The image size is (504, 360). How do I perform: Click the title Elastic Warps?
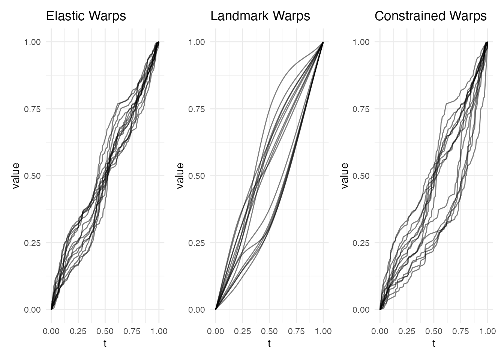tap(86, 16)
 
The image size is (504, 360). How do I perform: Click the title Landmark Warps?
tap(260, 16)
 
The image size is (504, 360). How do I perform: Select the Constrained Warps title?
tap(430, 16)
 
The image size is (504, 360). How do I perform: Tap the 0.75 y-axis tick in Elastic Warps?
tap(33, 109)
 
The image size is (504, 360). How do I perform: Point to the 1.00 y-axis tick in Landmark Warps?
tap(197, 42)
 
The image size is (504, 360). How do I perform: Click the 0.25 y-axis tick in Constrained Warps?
tap(361, 243)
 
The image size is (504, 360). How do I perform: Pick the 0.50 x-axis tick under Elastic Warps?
tap(105, 331)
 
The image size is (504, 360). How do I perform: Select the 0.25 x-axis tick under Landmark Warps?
tap(243, 331)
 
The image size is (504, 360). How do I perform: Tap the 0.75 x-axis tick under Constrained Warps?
tap(460, 331)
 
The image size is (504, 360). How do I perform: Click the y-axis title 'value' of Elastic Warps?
tap(16, 175)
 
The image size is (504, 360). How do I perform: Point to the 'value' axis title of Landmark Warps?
tap(180, 175)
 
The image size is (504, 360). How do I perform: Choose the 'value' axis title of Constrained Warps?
tap(345, 175)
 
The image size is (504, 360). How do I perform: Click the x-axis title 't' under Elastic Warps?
tap(105, 343)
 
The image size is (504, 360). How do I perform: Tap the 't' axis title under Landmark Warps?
tap(269, 343)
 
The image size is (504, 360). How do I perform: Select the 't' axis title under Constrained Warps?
tap(434, 343)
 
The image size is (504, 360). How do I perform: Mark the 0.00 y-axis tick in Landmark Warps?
tap(197, 310)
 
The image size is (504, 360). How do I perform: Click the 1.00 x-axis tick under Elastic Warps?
tap(159, 331)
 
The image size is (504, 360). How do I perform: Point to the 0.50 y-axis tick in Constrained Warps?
tap(361, 176)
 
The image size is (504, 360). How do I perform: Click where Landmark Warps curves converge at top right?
tap(323, 42)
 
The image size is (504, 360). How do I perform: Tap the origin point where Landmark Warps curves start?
tap(216, 309)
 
